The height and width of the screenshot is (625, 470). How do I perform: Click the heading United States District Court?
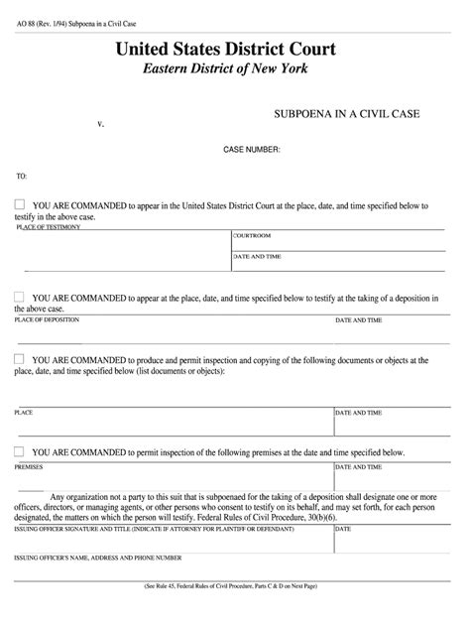[x=226, y=48]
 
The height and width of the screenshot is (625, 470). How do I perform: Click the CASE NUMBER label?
[x=251, y=149]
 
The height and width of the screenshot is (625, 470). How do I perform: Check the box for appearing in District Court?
[x=20, y=204]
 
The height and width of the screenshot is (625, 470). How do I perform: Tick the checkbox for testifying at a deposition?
[x=20, y=296]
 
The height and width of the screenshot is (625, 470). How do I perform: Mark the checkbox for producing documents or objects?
[x=20, y=359]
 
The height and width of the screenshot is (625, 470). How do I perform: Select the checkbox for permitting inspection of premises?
[x=20, y=450]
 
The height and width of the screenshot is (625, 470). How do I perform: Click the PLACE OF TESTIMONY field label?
[x=49, y=227]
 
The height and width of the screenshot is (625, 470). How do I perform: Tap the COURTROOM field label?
[x=252, y=236]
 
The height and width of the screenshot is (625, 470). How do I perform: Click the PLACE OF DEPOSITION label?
[x=49, y=320]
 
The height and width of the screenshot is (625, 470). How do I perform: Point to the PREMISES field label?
[x=29, y=463]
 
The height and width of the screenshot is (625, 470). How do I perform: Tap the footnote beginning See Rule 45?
[x=235, y=615]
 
